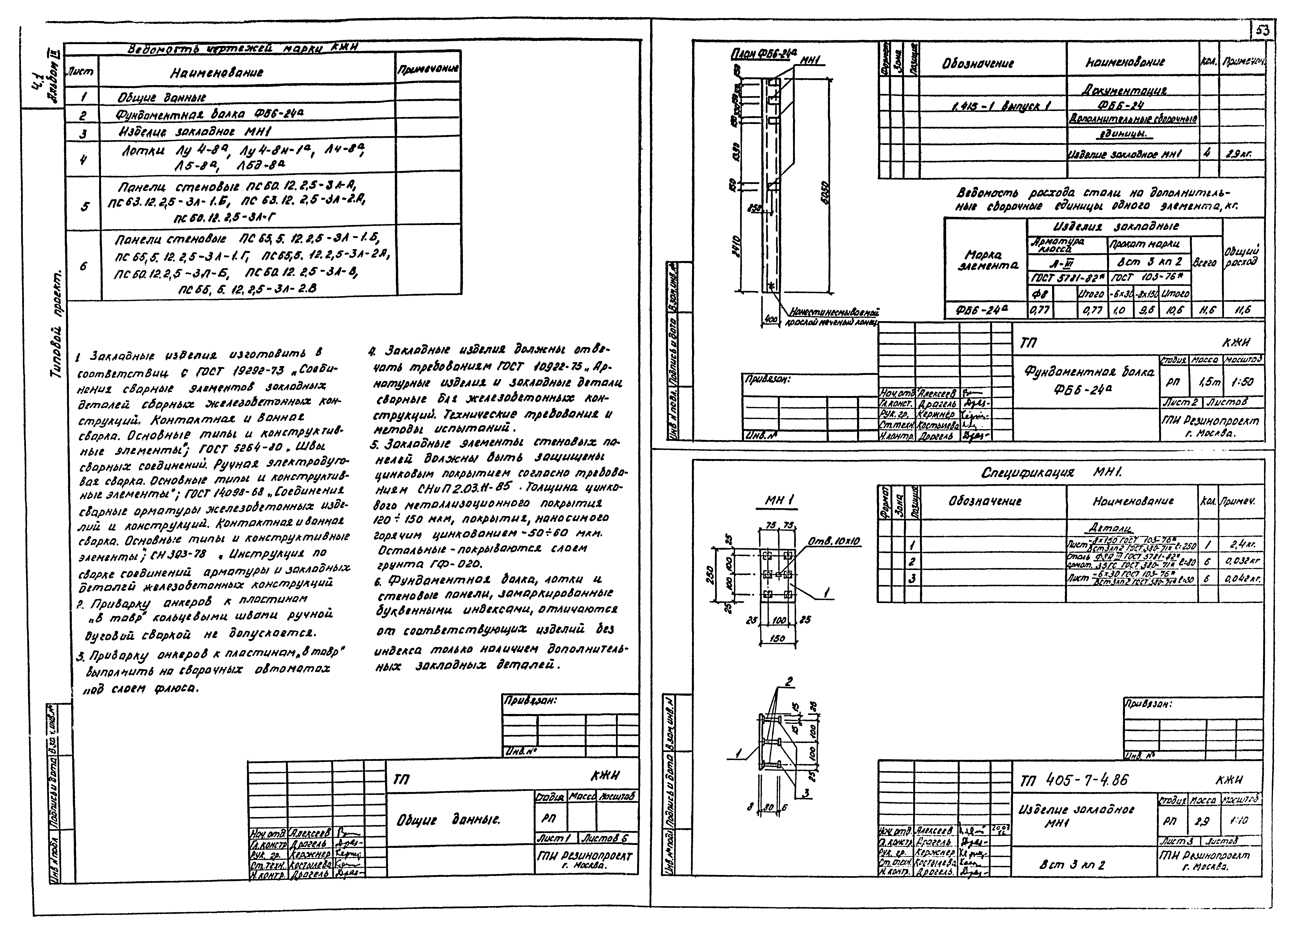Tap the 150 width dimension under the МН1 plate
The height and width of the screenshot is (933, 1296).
click(x=778, y=638)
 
